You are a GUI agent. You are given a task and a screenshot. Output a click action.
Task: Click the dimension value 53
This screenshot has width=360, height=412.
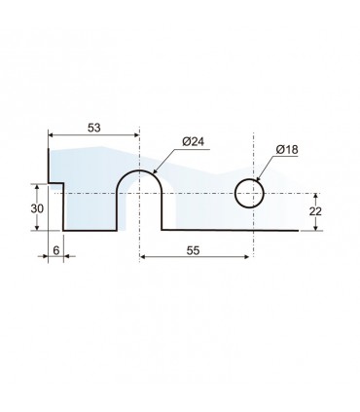94,128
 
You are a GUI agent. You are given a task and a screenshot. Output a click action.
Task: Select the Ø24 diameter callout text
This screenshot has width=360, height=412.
194,142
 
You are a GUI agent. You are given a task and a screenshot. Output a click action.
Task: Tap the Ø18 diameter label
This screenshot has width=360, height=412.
287,150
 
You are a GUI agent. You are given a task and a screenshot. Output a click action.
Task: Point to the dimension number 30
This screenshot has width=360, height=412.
37,208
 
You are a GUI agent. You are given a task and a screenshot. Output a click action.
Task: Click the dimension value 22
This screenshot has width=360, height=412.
315,211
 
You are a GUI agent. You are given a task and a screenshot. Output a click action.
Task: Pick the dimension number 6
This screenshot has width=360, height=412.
56,250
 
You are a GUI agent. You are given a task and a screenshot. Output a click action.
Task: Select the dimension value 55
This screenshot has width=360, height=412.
194,250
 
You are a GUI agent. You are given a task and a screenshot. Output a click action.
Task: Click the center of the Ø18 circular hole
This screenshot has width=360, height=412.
249,193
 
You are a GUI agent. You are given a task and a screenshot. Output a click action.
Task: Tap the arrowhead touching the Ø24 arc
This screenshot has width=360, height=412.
155,171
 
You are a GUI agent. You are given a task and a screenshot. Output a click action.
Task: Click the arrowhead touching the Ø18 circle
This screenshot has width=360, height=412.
258,178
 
